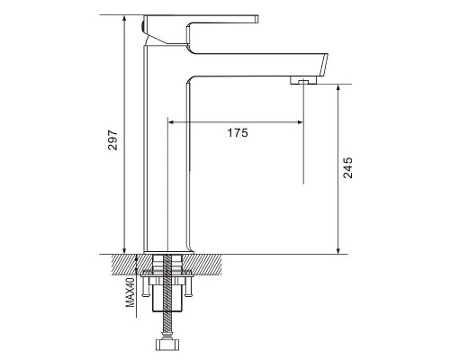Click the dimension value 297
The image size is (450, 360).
pos(112,140)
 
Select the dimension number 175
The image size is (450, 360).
pos(238,132)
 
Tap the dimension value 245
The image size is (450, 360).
pos(347,167)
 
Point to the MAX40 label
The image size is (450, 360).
pos(130,292)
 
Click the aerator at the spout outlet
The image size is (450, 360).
pos(303,80)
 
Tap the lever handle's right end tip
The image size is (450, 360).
pos(256,19)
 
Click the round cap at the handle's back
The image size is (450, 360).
pos(143,26)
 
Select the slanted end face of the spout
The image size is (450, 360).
pos(324,65)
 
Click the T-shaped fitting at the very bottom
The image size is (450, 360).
pos(167,345)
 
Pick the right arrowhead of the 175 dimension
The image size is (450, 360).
pos(300,121)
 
